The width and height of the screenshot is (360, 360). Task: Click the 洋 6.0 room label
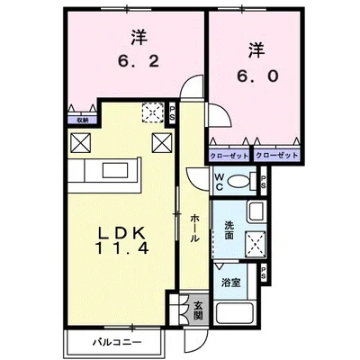tap(256, 62)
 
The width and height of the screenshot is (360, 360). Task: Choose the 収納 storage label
tap(81, 117)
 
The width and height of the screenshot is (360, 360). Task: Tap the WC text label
tap(220, 180)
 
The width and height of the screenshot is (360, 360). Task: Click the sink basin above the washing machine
tap(254, 214)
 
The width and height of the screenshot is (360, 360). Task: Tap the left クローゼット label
tap(229, 154)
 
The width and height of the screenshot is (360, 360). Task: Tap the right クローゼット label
tap(274, 154)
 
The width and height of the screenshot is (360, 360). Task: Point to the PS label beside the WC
tap(262, 181)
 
